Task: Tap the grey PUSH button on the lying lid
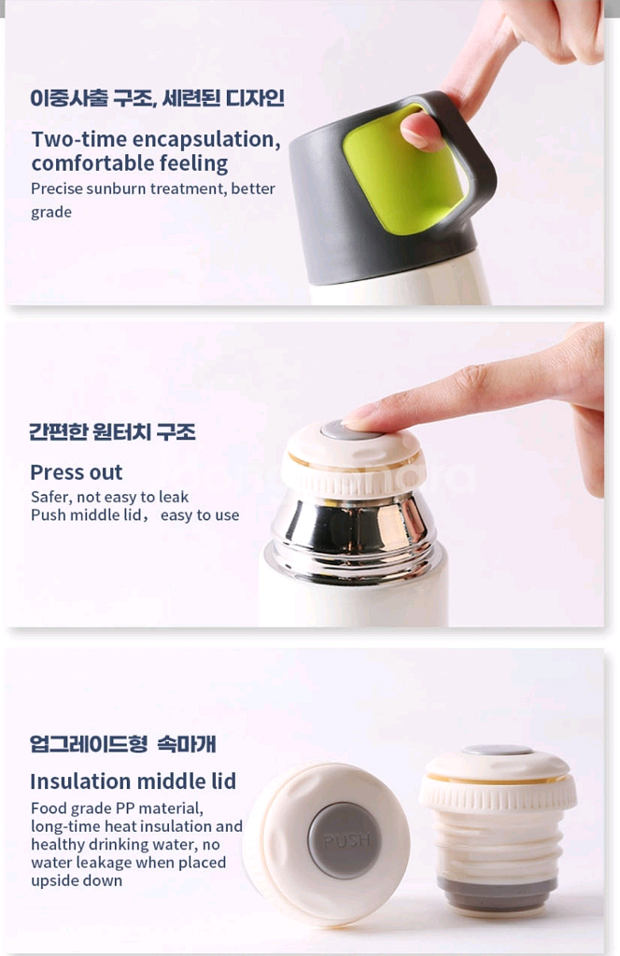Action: tap(345, 841)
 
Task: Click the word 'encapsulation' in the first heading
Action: tap(205, 139)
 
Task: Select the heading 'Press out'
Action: tap(77, 471)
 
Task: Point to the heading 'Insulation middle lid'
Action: tap(133, 780)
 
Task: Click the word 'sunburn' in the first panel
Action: tap(117, 189)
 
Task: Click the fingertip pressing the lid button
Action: tap(359, 415)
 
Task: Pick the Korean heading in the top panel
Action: tap(157, 98)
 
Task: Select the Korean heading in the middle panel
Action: tap(112, 432)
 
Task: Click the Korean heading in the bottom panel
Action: tap(122, 744)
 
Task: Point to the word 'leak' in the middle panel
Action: tap(172, 497)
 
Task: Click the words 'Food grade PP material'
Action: tap(117, 808)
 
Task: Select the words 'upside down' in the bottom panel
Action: tap(77, 880)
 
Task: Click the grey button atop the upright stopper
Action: tap(497, 751)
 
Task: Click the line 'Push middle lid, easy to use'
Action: tap(134, 515)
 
